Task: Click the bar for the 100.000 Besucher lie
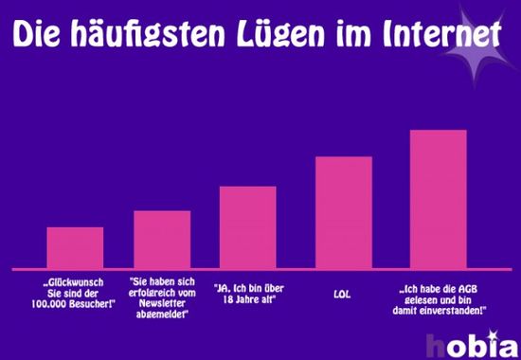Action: [x=75, y=247]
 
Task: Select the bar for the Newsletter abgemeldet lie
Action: [x=162, y=239]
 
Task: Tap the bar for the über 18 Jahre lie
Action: [x=247, y=226]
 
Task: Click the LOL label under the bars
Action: [x=343, y=294]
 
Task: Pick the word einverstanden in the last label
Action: [x=453, y=310]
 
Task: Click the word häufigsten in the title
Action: [x=149, y=35]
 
